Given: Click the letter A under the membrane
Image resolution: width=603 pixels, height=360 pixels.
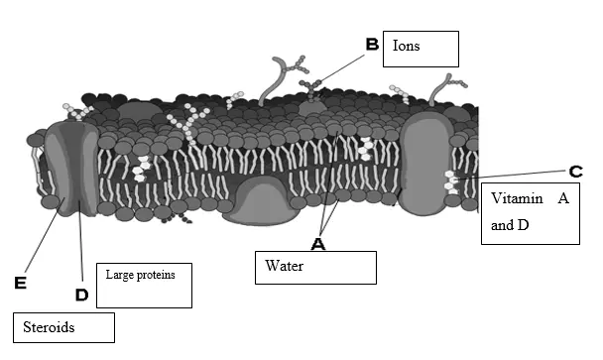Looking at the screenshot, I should click(318, 243).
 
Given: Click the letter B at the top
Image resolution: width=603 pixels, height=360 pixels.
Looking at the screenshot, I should click(372, 45).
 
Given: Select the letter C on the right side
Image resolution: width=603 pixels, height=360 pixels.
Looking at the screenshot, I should click(575, 171).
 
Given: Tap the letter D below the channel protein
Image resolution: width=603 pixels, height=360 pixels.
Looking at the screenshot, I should click(81, 295).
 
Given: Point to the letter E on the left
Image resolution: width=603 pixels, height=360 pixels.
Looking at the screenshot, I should click(19, 284).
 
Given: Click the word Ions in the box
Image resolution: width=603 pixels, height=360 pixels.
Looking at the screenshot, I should click(407, 46).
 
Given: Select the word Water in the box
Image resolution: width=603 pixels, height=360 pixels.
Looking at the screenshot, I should click(283, 266).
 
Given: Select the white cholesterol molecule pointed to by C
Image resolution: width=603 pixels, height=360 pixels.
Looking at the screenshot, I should click(453, 180).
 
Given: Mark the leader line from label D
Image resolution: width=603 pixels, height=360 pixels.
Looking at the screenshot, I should click(80, 238).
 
